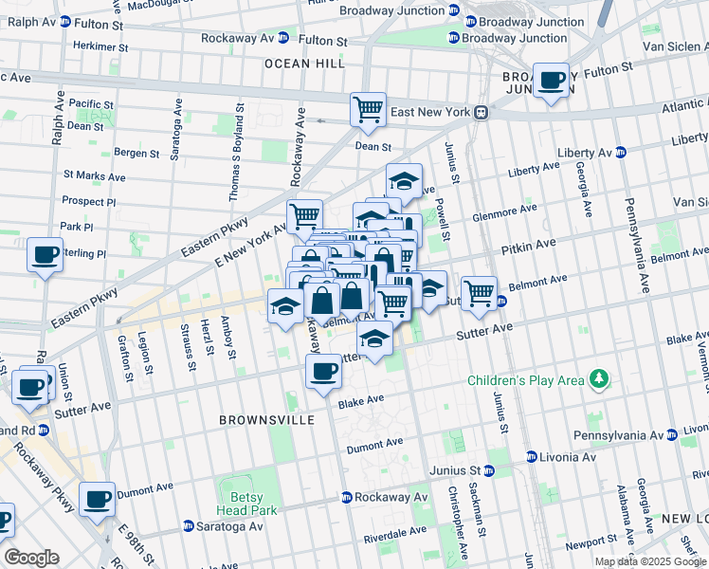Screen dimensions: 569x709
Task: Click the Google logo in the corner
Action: point(31,558)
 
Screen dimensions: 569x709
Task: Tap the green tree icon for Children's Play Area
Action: point(598,381)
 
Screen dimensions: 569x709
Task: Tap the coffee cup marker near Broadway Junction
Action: point(550,82)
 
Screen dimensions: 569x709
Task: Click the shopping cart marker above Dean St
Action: point(368,109)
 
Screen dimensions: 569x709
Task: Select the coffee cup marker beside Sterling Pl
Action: point(45,254)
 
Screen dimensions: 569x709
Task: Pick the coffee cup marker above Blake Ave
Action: point(323,371)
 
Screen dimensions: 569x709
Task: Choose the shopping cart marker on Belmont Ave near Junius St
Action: point(480,292)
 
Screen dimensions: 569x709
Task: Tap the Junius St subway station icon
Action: point(488,470)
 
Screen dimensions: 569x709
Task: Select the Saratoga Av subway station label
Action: point(227,526)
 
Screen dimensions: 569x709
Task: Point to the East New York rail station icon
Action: point(482,112)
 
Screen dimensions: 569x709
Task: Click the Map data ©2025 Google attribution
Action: point(650,561)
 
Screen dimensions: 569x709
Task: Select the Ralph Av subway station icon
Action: point(64,21)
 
